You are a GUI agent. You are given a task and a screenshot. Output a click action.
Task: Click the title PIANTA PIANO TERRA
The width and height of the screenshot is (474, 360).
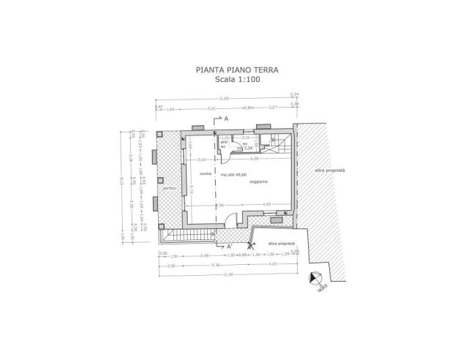[236, 71]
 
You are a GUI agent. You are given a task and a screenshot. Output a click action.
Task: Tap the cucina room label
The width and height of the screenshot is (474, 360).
[204, 173]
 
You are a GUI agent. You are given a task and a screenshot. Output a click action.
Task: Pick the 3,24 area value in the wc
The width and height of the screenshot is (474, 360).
[248, 148]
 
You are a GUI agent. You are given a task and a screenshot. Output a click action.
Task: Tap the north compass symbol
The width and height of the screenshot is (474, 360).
[315, 278]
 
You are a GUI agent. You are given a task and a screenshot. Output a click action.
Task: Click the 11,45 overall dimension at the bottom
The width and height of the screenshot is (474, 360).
[229, 274]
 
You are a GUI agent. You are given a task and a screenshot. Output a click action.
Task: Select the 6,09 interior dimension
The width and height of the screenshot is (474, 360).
[254, 158]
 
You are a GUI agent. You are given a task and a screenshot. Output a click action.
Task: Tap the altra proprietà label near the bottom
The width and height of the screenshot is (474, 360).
[282, 243]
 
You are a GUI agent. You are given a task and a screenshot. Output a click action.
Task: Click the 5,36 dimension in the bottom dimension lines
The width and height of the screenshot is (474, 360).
[192, 264]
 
